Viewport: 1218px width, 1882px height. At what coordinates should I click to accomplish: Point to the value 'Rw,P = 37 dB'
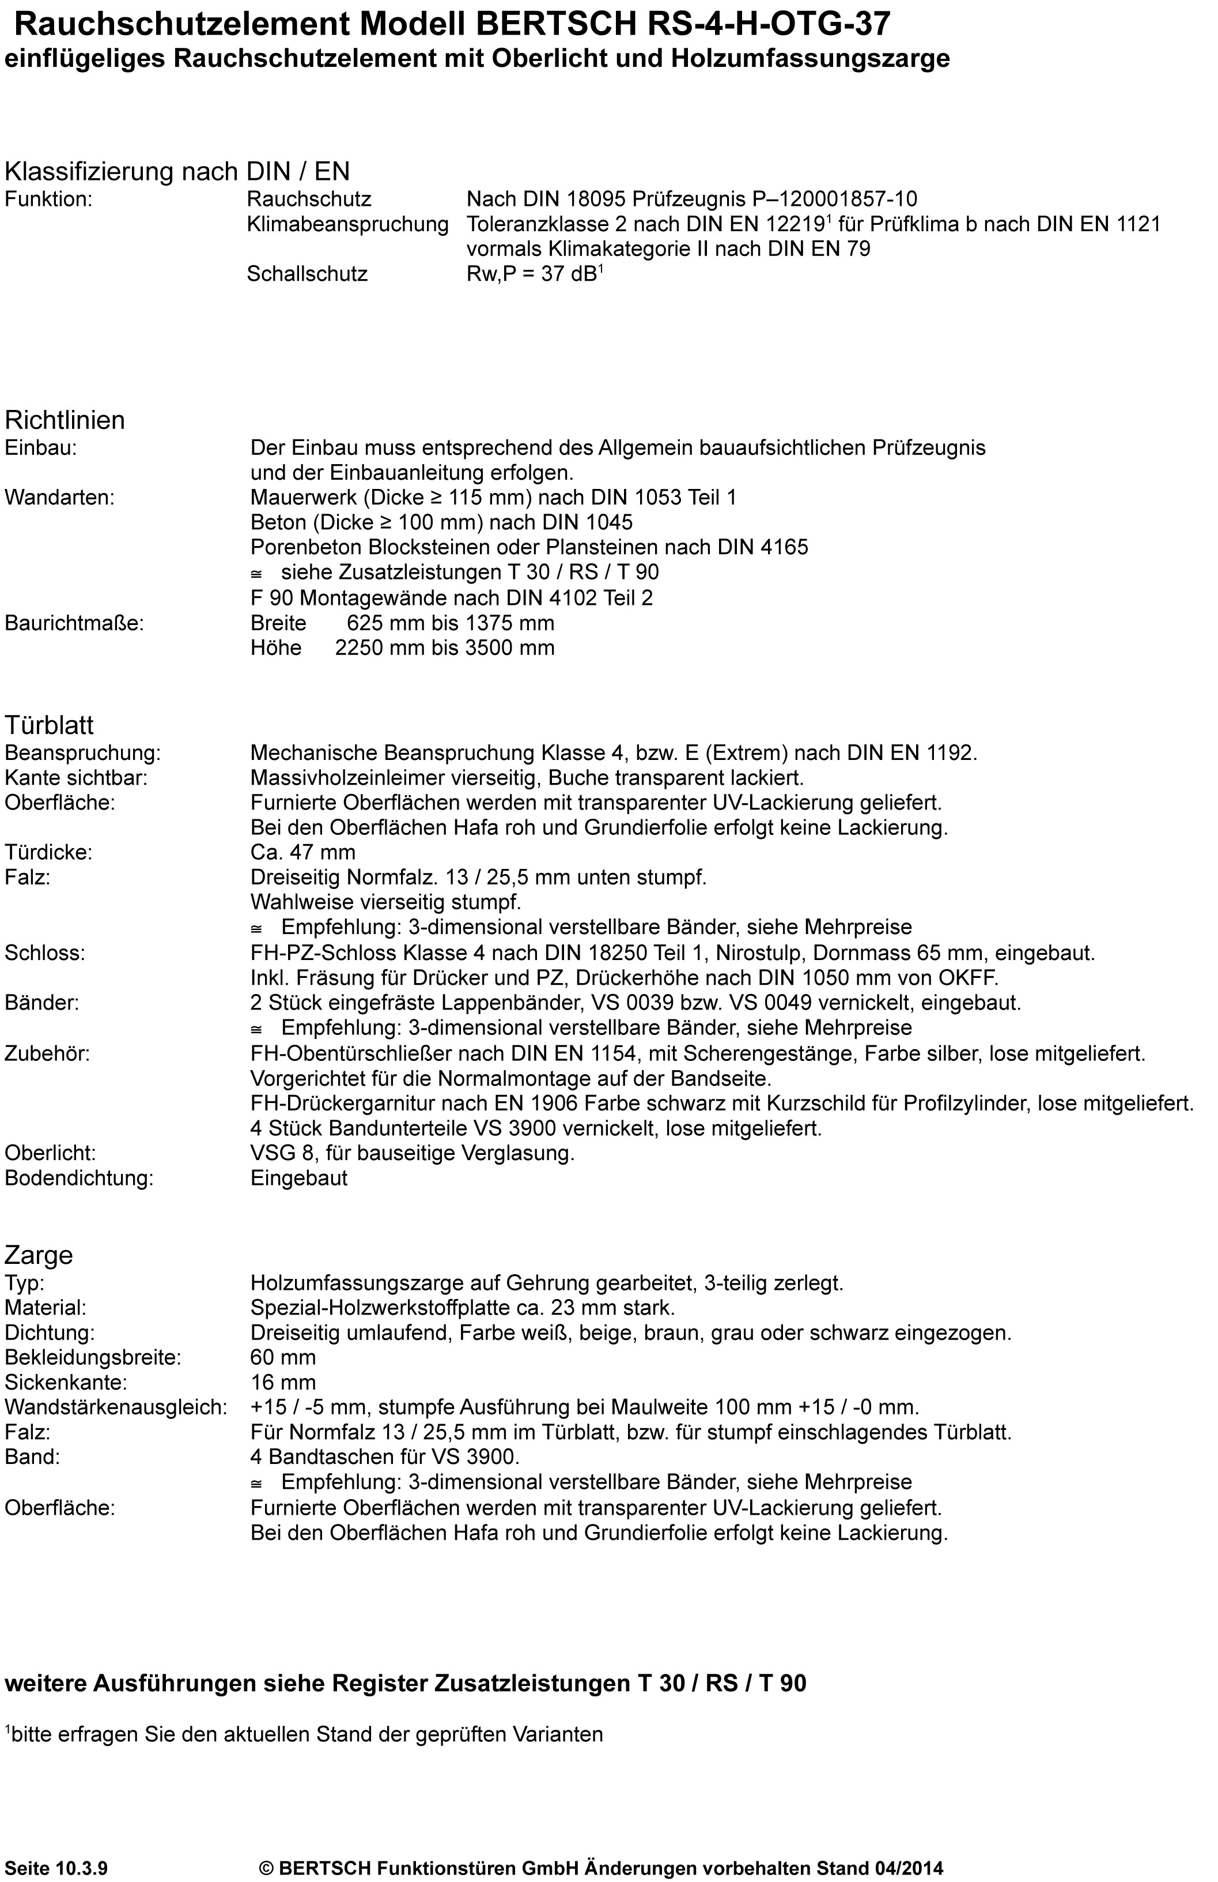point(534,274)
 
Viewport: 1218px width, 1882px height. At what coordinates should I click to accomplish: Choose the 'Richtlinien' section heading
point(65,420)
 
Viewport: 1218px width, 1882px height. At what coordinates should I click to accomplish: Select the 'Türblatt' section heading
point(49,725)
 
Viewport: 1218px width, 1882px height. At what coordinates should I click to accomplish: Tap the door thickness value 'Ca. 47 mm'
point(302,852)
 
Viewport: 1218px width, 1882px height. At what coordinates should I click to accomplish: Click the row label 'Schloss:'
point(44,953)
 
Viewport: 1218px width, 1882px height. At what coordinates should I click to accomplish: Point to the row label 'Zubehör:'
point(47,1054)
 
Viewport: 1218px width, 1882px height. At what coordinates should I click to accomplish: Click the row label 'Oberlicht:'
point(50,1154)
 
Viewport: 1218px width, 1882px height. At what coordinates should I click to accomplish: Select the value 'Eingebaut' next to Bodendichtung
point(299,1179)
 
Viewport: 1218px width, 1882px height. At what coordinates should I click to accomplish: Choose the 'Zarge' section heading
point(39,1256)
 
